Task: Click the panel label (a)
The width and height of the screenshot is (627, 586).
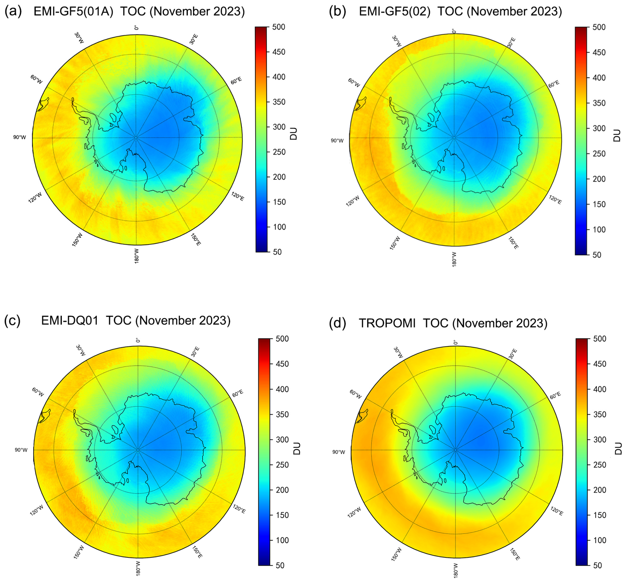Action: click(x=13, y=11)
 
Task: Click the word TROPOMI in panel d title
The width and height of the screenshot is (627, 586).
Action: click(x=387, y=323)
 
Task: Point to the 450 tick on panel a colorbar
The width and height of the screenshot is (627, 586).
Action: click(x=279, y=52)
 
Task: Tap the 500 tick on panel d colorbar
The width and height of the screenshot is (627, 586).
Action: click(x=600, y=339)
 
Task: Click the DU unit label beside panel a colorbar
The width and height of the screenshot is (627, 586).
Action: click(x=294, y=134)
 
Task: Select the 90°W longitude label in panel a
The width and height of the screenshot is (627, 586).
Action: click(x=19, y=137)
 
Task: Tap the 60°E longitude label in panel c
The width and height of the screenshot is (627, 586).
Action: click(x=238, y=392)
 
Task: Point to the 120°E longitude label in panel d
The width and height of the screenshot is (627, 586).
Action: click(x=557, y=511)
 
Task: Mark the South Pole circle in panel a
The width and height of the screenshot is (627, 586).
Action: click(x=136, y=138)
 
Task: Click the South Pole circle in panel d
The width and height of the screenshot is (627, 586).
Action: click(x=455, y=450)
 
